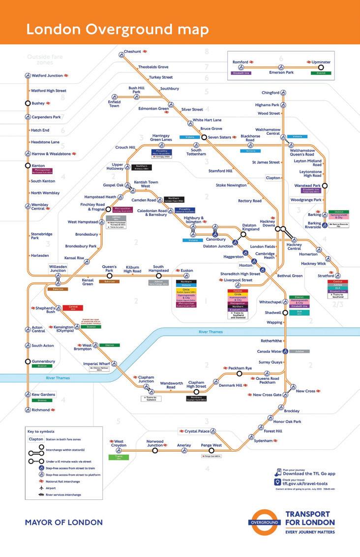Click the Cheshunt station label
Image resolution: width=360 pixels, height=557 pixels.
point(132,51)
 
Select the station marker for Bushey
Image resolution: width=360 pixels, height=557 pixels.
point(28,103)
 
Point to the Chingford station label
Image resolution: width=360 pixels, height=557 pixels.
point(270,93)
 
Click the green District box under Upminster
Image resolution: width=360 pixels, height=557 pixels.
point(321,73)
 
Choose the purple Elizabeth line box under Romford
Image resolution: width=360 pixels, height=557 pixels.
point(241,73)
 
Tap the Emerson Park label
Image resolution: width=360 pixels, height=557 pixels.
point(281,73)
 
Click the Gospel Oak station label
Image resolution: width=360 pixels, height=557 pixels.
point(113,185)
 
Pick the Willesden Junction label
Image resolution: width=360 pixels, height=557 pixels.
point(58,268)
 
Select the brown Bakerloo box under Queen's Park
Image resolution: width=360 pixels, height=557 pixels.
point(109,281)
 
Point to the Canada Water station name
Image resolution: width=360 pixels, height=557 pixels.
point(269,351)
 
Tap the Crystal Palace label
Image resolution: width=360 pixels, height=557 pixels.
point(197,432)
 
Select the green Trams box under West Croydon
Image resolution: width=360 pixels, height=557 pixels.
point(119,457)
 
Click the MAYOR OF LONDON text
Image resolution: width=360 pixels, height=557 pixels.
point(63,522)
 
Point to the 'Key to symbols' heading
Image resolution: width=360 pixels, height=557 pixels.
point(41,432)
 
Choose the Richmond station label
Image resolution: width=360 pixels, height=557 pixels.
point(41,409)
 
